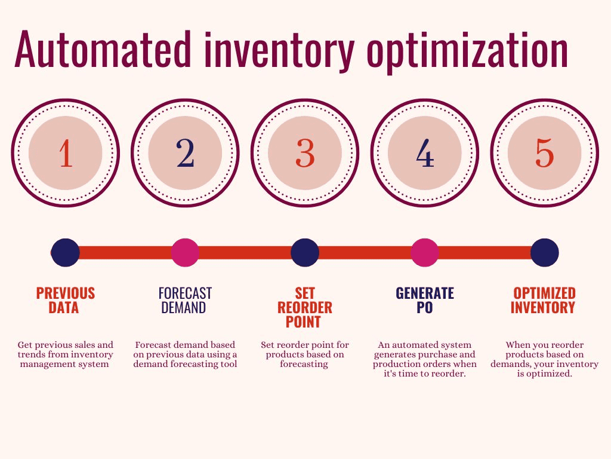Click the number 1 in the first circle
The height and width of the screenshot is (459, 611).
(66, 154)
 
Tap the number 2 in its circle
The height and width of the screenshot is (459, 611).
(186, 154)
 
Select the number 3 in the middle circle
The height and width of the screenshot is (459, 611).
(305, 154)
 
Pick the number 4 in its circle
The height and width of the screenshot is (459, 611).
(425, 154)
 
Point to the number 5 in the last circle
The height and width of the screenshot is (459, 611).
(544, 154)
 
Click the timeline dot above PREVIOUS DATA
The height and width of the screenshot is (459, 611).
(66, 253)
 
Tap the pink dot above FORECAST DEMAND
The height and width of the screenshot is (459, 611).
(185, 253)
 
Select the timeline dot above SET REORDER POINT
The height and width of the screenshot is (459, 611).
(305, 253)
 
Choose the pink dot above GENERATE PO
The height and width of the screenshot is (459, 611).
(425, 253)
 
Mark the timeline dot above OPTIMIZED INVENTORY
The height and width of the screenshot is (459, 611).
(544, 253)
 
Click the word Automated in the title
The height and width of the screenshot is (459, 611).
(104, 49)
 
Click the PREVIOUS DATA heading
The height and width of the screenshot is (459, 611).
(66, 300)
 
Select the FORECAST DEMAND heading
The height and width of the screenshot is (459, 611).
(185, 300)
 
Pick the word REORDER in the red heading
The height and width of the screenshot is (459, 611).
(305, 308)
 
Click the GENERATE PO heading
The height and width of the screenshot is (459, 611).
(425, 300)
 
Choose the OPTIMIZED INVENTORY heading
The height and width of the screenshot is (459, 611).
(544, 300)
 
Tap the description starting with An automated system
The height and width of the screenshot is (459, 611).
(425, 359)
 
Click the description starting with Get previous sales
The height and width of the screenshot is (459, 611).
(66, 354)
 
